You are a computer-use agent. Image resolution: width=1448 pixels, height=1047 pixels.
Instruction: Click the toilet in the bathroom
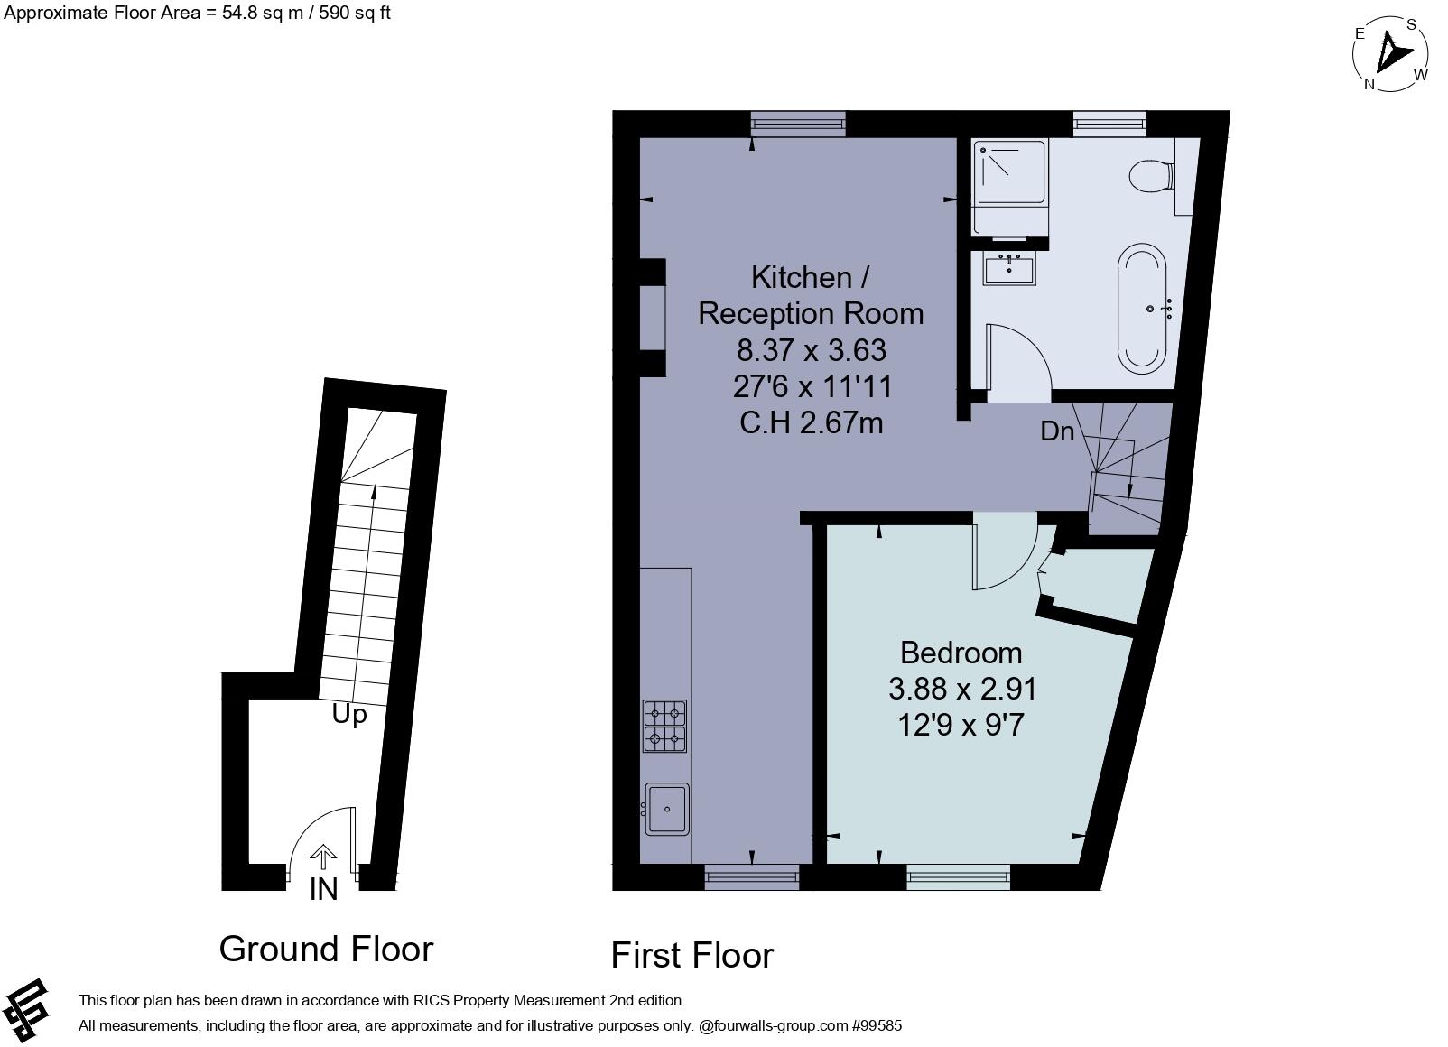[x=1151, y=175]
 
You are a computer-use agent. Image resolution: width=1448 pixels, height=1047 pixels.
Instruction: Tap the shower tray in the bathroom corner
[x=1009, y=173]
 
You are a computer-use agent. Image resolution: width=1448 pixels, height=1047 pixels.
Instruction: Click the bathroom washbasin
[x=1009, y=269]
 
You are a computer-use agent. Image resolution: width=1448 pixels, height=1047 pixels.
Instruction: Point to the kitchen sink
[x=666, y=809]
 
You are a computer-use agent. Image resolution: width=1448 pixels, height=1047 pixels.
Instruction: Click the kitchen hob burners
[x=664, y=727]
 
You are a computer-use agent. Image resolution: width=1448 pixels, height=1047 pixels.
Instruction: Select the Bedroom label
[x=961, y=653]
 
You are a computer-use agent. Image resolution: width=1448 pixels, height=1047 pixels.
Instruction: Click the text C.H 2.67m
[x=811, y=422]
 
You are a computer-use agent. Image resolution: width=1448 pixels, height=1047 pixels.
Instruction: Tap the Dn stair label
[x=1057, y=431]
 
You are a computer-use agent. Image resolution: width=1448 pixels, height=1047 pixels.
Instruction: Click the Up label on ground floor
[x=349, y=714]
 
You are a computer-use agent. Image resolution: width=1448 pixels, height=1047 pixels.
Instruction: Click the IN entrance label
[x=323, y=889]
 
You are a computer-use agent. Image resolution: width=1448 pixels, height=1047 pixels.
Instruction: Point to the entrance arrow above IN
[x=323, y=856]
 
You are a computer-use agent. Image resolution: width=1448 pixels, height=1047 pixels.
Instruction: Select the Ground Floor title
[x=326, y=949]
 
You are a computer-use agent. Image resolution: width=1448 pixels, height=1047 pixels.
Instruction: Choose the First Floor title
[x=692, y=955]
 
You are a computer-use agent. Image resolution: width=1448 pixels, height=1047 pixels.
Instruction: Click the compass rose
[x=1390, y=54]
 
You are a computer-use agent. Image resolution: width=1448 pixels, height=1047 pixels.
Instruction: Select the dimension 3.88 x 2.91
[x=962, y=689]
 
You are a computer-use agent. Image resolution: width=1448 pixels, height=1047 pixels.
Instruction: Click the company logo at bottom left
[x=26, y=1007]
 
